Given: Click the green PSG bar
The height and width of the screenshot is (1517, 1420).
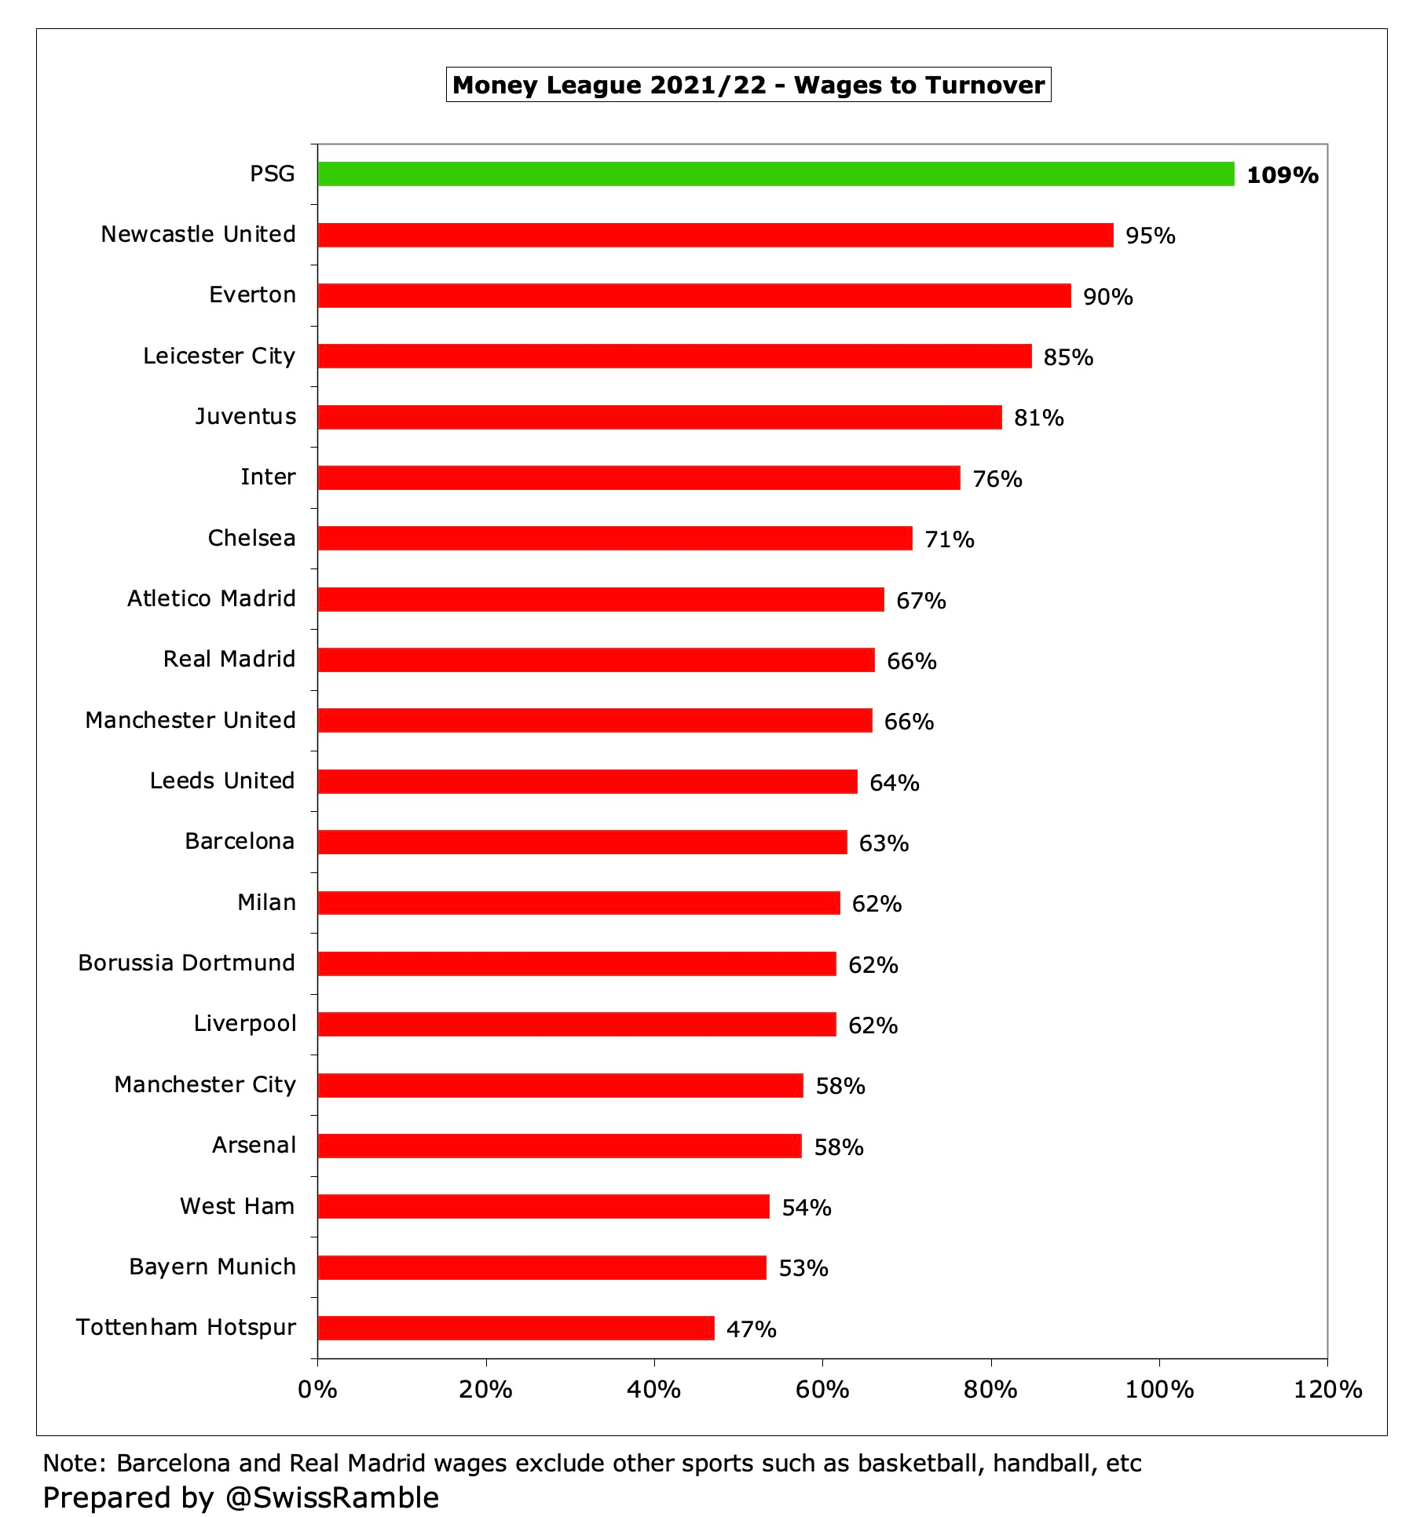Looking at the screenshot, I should (776, 174).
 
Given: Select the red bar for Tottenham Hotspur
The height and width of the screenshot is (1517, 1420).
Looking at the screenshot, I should (516, 1328).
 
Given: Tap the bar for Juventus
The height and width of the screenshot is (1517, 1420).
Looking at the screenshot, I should (660, 417).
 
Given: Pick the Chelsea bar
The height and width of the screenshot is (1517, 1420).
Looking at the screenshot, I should (615, 539).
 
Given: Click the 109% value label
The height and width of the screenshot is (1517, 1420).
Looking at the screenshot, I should (1282, 175).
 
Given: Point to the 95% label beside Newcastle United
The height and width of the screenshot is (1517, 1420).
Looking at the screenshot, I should (1150, 236).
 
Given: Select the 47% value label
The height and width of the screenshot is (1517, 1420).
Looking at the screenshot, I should (751, 1329).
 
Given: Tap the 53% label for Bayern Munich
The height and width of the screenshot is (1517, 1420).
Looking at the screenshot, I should (803, 1268).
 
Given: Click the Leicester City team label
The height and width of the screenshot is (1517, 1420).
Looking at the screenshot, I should (219, 356).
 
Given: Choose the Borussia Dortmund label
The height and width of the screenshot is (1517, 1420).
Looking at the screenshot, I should (187, 963).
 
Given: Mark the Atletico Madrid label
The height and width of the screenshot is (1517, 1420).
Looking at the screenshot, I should (211, 599).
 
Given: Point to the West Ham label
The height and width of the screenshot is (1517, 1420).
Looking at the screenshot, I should (237, 1206).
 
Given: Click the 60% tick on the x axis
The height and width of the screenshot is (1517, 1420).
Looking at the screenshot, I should (822, 1390).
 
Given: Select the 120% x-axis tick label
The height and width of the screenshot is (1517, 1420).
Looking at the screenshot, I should (1327, 1390).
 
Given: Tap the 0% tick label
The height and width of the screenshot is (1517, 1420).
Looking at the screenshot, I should (317, 1390).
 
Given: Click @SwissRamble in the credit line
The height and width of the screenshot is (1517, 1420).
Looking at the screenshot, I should (332, 1497).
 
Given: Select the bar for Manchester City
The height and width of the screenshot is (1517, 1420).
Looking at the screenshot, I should (560, 1085).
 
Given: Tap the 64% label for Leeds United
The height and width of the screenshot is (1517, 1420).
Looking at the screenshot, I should (894, 783).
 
